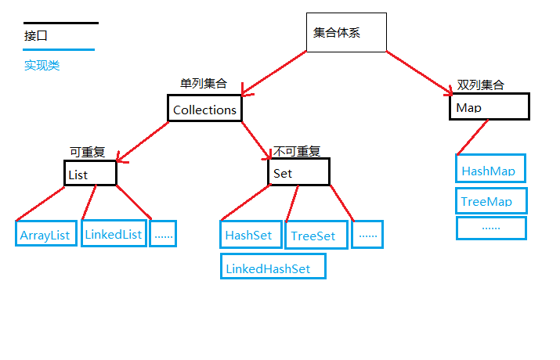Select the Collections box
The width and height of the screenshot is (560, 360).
[x=204, y=109]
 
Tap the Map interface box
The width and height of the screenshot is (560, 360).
[x=489, y=107]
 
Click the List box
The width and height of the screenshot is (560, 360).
[x=90, y=174]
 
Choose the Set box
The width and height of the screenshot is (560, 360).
[x=298, y=172]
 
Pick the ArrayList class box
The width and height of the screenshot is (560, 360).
[x=46, y=234]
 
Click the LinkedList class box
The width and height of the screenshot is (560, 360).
[x=114, y=232]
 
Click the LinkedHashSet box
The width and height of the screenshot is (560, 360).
[x=273, y=267]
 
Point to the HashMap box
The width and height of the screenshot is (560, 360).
[x=490, y=169]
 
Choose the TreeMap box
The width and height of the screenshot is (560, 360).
[x=491, y=200]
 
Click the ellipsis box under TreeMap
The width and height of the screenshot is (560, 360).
[x=491, y=228]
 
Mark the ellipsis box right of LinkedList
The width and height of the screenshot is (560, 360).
[x=163, y=234]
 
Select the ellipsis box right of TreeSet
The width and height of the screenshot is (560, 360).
[x=367, y=234]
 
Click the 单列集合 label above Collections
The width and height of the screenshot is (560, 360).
[x=203, y=84]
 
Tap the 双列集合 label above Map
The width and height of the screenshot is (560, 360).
[x=481, y=85]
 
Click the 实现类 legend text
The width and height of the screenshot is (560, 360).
[x=42, y=66]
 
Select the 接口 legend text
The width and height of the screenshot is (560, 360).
[x=36, y=35]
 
